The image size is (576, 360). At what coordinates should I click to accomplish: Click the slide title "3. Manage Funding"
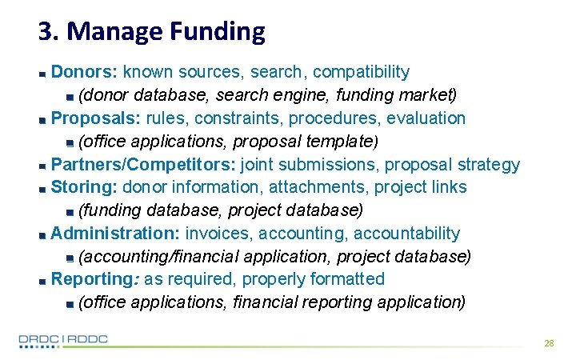point(151,31)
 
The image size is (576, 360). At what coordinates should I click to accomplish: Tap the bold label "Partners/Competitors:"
point(143,165)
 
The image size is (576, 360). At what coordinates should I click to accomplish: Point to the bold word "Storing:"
point(84,187)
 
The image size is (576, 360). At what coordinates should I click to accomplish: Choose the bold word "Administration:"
point(115,234)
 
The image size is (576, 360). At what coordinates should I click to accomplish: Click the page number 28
point(549,342)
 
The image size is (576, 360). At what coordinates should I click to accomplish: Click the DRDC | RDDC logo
point(63,340)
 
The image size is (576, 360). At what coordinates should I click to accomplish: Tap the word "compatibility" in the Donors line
point(361,72)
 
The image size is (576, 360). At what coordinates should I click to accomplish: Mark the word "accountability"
point(406,234)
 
